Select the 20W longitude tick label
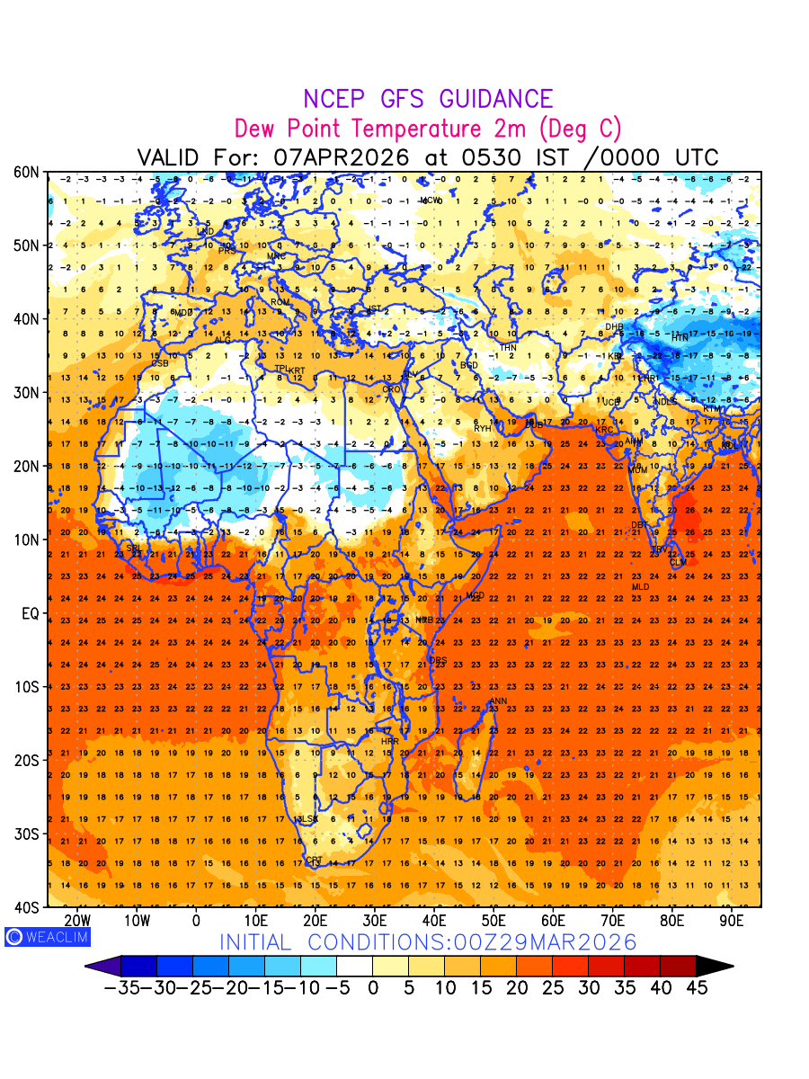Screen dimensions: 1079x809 (x=78, y=922)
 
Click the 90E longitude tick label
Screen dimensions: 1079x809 (x=732, y=922)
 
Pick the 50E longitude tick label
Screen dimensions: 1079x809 (x=493, y=922)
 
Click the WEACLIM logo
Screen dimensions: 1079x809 (x=47, y=937)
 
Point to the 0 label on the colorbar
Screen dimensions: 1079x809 (x=372, y=988)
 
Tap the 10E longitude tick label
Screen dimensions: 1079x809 (x=255, y=922)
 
